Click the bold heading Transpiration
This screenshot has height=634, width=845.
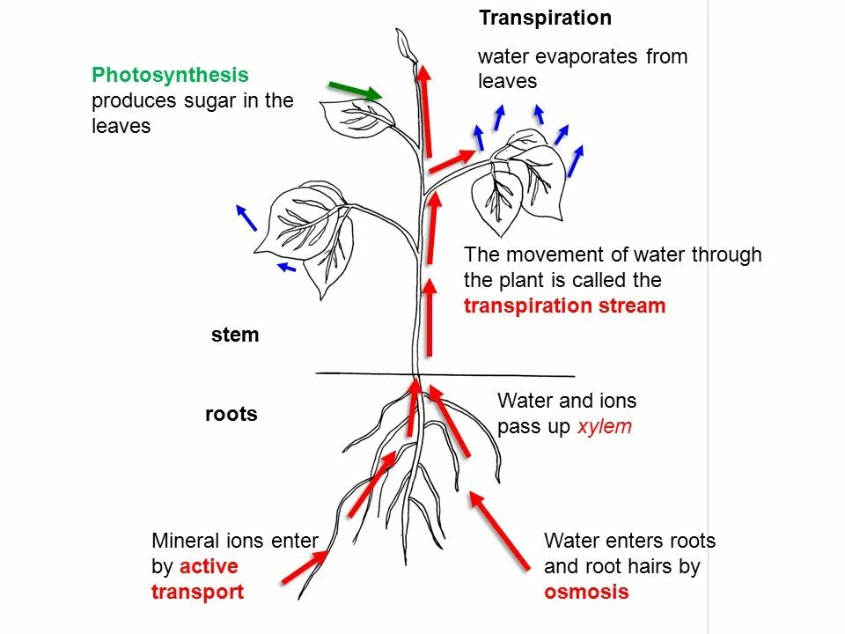[x=545, y=18]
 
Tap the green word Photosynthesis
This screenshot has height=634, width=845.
[x=170, y=76]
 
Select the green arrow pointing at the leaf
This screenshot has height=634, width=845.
[x=355, y=90]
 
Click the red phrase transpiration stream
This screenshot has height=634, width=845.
[x=564, y=306]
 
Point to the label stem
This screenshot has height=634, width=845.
[x=235, y=335]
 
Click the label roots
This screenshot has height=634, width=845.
[x=231, y=415]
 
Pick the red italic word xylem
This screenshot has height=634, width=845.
[x=605, y=427]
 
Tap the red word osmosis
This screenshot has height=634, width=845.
[x=586, y=592]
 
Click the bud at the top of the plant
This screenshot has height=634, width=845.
[x=407, y=43]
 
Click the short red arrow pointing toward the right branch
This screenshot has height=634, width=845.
[x=451, y=159]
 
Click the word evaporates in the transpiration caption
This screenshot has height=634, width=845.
[x=589, y=57]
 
